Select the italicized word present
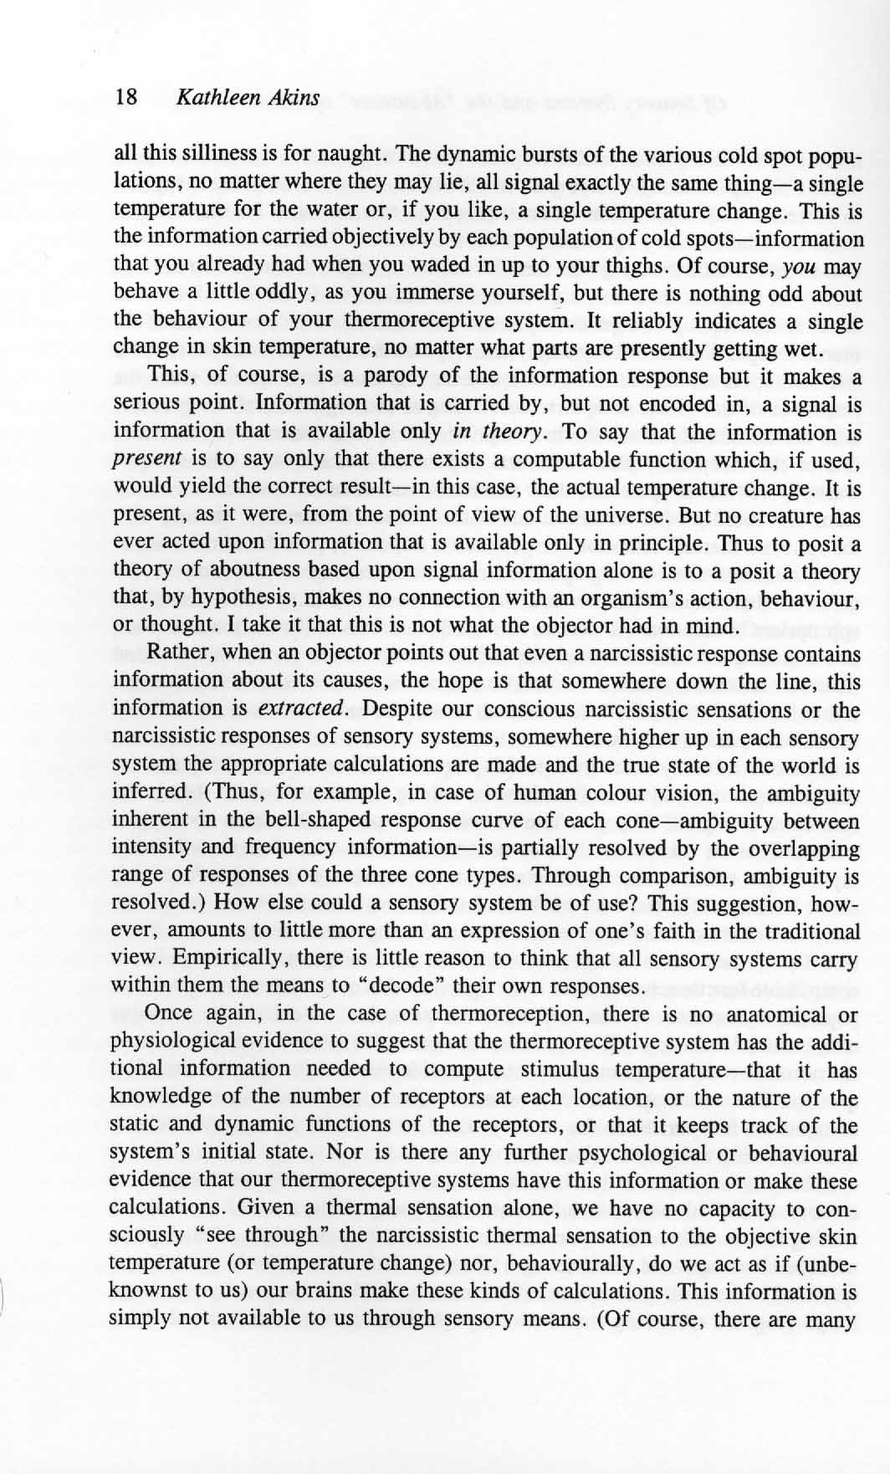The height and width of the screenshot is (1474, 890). (x=146, y=459)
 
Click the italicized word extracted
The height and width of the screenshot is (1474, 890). (x=301, y=709)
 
